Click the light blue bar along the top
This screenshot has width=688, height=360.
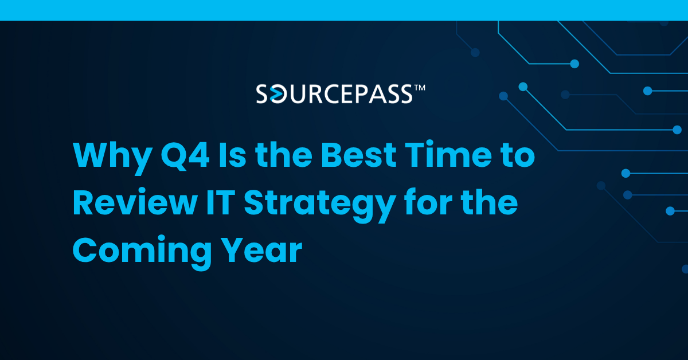[344, 10]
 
